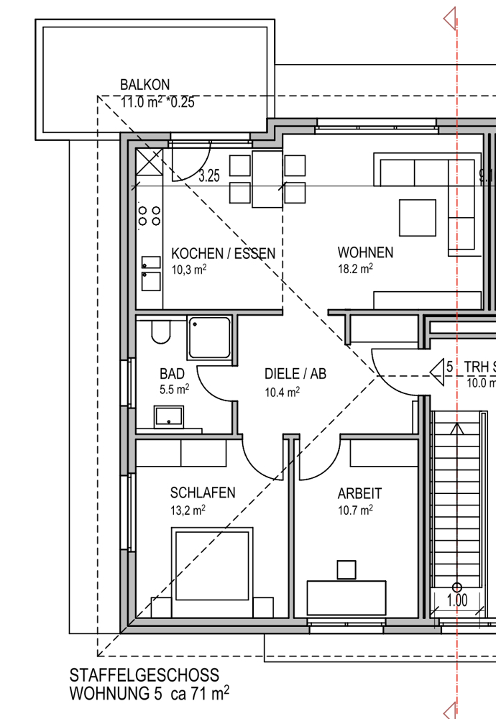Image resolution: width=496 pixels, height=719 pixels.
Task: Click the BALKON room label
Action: [x=145, y=85]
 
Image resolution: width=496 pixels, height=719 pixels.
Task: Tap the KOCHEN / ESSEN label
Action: [x=224, y=254]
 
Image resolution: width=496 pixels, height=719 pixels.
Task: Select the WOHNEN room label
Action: [x=365, y=252]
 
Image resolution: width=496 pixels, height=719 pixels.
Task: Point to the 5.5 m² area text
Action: [x=174, y=390]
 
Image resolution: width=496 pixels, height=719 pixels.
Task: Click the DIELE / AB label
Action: [x=295, y=374]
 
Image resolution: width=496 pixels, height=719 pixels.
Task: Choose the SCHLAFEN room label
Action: [x=203, y=493]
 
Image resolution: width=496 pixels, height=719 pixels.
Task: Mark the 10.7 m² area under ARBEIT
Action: [x=355, y=510]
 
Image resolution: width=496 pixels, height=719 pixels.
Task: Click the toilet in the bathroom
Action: [x=161, y=331]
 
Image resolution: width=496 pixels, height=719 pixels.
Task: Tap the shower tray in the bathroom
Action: [x=209, y=337]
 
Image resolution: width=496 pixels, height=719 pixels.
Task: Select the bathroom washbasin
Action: [x=169, y=417]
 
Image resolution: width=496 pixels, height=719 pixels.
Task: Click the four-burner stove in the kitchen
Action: [x=150, y=216]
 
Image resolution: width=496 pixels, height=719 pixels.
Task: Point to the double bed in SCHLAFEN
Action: [x=212, y=572]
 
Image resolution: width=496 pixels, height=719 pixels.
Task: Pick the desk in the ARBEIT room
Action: [x=346, y=597]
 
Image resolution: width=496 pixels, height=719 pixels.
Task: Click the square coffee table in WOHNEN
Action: [x=417, y=218]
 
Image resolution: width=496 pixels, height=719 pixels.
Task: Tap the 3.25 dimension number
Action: [x=209, y=176]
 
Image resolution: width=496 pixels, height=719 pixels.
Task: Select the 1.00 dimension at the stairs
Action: [x=457, y=600]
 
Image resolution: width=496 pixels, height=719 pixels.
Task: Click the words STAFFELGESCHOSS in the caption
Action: [x=144, y=675]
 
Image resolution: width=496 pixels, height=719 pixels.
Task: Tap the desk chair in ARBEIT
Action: [x=346, y=570]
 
